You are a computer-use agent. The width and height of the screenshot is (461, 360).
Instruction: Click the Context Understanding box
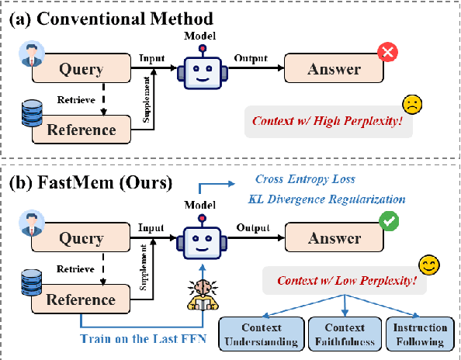coord(261,334)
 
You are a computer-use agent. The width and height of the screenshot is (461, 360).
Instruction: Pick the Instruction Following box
coord(419,334)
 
